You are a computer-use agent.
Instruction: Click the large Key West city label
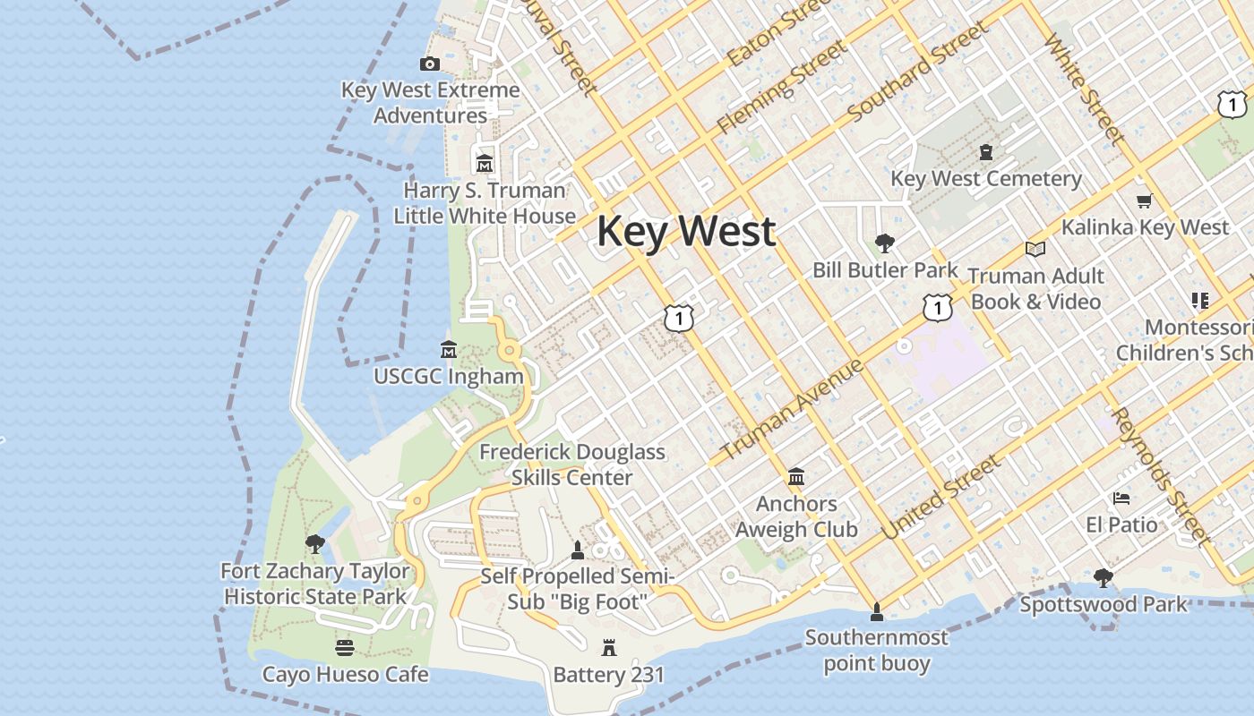tap(686, 231)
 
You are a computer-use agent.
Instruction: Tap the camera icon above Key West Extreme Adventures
tap(430, 64)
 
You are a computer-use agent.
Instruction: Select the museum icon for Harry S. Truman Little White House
tap(485, 164)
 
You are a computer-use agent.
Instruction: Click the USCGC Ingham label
tap(449, 376)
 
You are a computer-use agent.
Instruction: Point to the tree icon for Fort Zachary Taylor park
tap(314, 543)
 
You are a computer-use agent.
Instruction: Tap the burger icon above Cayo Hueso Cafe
tap(345, 647)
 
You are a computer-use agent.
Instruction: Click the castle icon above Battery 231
tap(609, 647)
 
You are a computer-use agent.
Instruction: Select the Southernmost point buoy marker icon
tap(877, 612)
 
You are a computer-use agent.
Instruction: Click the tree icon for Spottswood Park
tap(1104, 578)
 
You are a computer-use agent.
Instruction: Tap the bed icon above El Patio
tap(1121, 499)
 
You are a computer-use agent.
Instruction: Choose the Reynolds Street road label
tap(1160, 475)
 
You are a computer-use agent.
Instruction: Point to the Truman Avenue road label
tap(792, 409)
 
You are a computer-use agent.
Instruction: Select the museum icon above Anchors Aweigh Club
tap(796, 477)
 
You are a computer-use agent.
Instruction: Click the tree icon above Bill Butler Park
tap(885, 243)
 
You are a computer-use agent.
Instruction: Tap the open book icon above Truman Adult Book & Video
tap(1035, 249)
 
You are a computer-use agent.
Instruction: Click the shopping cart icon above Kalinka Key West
tap(1144, 200)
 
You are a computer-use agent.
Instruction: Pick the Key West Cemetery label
tap(986, 178)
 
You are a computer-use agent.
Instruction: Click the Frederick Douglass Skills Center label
tap(572, 465)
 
